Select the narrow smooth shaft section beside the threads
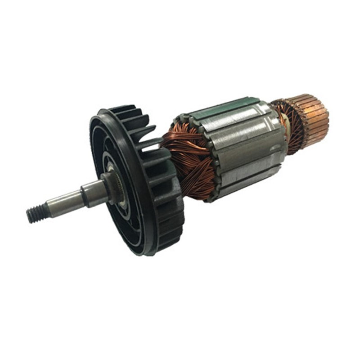(63, 202)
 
